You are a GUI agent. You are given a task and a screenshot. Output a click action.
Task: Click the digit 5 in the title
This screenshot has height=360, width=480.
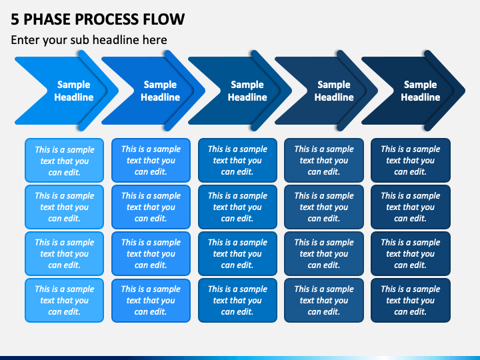click(15, 19)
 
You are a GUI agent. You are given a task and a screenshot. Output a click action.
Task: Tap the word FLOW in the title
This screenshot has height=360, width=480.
click(160, 19)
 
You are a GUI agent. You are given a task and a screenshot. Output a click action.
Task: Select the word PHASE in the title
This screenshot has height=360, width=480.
click(47, 19)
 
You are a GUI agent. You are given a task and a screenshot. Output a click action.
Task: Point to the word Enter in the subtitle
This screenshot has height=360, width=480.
click(25, 40)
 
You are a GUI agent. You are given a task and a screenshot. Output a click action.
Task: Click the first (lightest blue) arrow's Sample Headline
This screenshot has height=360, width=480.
click(74, 91)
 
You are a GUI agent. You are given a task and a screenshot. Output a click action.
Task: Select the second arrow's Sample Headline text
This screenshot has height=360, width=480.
click(160, 91)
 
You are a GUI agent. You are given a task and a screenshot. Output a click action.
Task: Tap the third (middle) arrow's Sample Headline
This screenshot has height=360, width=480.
click(247, 91)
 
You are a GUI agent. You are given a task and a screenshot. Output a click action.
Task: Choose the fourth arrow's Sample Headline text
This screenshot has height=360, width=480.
click(334, 91)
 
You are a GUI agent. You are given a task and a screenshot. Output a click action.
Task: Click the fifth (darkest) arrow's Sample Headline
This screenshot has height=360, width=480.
click(420, 91)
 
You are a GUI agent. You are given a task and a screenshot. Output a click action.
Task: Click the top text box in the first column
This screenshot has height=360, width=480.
click(64, 161)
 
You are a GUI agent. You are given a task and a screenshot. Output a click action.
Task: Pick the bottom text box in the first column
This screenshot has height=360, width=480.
click(64, 300)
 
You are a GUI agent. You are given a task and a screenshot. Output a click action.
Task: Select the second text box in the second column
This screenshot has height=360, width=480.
click(151, 207)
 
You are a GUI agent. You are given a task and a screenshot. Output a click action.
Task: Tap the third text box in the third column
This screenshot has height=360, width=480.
click(237, 254)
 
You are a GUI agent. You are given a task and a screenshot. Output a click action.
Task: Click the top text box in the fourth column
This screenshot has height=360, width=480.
click(324, 161)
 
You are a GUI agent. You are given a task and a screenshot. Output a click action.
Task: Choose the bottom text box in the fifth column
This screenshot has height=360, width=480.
click(411, 300)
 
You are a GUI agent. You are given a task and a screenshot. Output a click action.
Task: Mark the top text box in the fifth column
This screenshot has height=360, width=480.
click(411, 161)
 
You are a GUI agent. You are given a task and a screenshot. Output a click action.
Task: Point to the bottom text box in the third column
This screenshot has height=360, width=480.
click(237, 300)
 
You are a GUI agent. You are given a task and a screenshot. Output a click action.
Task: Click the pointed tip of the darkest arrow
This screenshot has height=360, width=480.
click(465, 91)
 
